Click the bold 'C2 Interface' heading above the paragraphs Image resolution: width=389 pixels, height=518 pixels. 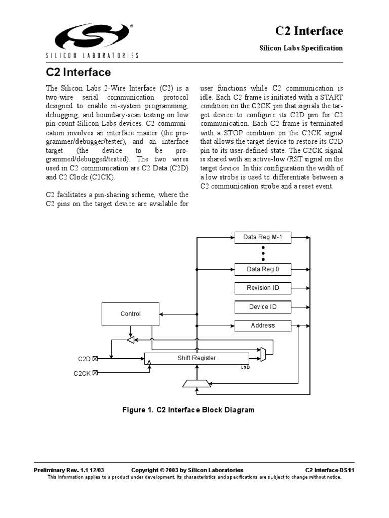[78, 72]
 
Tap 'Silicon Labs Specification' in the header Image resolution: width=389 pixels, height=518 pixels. [301, 48]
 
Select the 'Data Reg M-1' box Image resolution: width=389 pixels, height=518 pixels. [262, 237]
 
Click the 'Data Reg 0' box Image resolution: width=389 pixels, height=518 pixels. [262, 269]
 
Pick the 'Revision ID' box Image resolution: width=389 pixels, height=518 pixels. [262, 288]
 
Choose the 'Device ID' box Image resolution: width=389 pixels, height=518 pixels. [262, 307]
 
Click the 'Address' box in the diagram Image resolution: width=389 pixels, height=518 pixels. [262, 325]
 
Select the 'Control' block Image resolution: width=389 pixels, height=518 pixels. [130, 314]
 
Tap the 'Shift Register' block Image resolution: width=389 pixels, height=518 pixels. [197, 358]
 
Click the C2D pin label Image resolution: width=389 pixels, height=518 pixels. [84, 359]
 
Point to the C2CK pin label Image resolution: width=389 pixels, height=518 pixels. [82, 374]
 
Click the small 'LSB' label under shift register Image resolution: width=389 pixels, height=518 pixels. [245, 367]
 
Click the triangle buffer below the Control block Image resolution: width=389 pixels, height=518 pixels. [131, 341]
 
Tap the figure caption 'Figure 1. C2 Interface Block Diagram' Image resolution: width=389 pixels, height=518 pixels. [188, 410]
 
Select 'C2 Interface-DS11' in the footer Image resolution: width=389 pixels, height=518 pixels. [324, 470]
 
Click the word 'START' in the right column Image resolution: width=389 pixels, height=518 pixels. [332, 97]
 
